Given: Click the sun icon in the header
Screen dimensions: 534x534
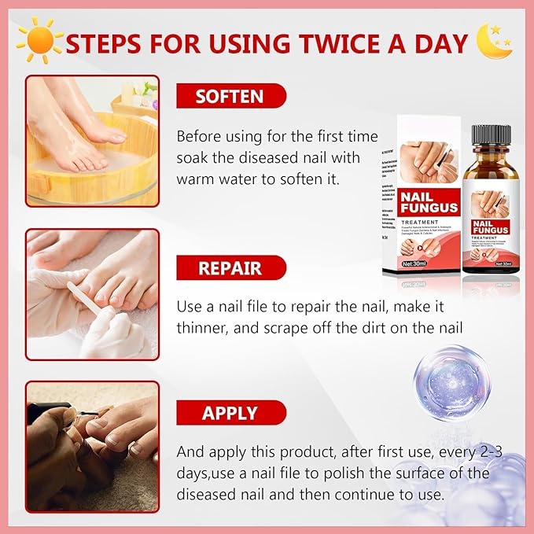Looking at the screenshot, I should point(39,39).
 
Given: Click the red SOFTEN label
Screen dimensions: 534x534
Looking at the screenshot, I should point(230,97).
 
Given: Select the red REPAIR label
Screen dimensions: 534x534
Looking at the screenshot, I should point(230,268).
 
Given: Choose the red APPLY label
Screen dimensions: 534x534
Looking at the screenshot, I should point(230,413).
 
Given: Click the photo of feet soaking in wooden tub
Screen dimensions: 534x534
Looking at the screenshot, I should point(92,140).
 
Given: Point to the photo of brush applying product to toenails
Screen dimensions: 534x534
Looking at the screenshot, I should point(92,446).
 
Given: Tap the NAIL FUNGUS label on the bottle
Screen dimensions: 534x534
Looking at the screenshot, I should point(490,229).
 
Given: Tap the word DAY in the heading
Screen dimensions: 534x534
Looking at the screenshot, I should point(440,42).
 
